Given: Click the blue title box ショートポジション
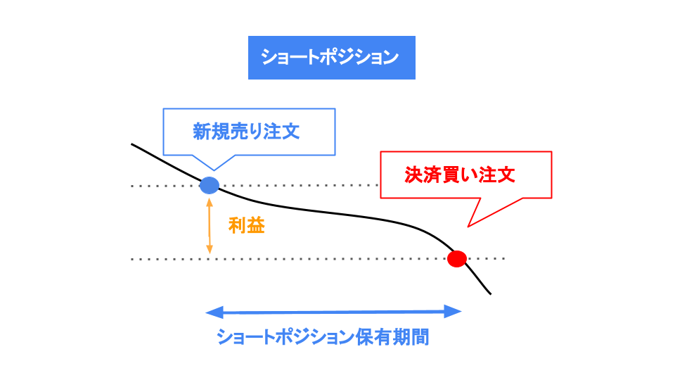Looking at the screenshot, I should click(x=331, y=57).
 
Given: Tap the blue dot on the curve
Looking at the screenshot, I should click(x=210, y=186).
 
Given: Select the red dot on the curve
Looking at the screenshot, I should click(x=457, y=258).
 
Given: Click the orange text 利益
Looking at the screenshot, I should click(x=246, y=226).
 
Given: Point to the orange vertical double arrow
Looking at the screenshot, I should click(x=210, y=225).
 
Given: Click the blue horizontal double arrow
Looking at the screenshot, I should click(x=333, y=312).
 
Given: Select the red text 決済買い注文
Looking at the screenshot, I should click(x=459, y=175).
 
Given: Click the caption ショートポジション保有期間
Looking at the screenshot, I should click(x=323, y=337).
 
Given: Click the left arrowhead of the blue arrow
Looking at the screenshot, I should click(x=212, y=312).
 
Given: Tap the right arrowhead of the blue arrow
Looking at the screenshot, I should click(x=455, y=312).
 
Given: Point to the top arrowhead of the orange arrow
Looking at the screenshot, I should click(x=210, y=201).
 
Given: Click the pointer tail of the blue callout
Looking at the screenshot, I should click(x=213, y=164).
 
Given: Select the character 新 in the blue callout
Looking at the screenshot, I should click(x=202, y=132).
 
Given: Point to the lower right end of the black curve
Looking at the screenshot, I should click(x=490, y=293).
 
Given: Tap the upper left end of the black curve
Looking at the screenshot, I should click(x=132, y=144).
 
